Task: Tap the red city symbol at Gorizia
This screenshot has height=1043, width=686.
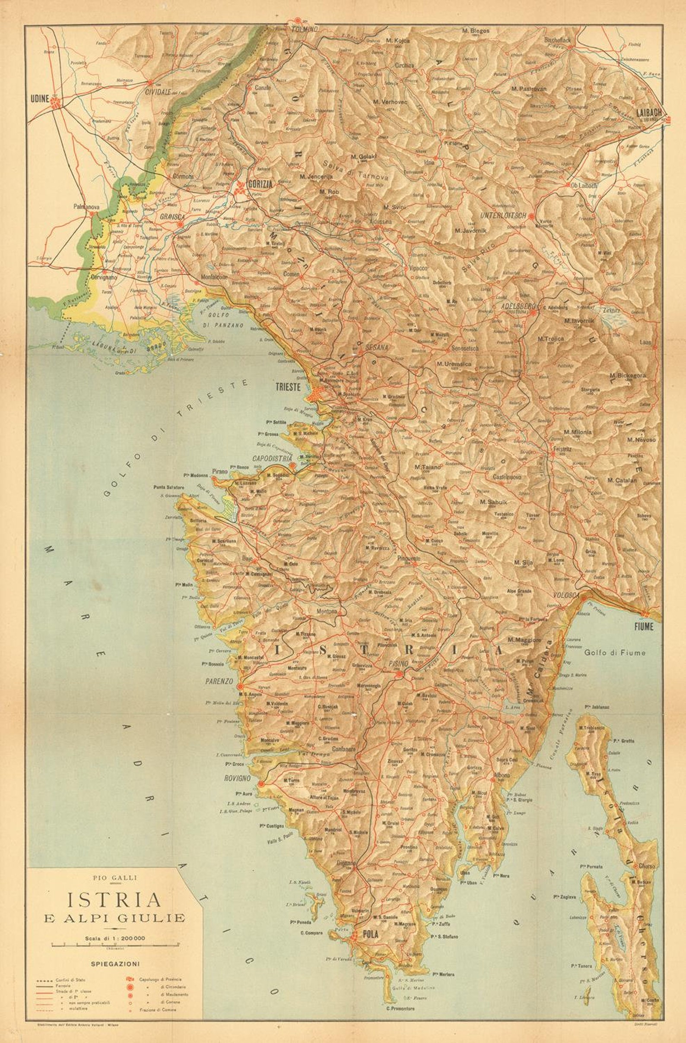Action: (240, 188)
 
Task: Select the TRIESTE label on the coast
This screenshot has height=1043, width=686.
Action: (288, 387)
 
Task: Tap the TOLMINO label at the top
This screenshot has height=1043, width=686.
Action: (305, 29)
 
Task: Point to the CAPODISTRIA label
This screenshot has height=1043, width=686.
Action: (272, 458)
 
